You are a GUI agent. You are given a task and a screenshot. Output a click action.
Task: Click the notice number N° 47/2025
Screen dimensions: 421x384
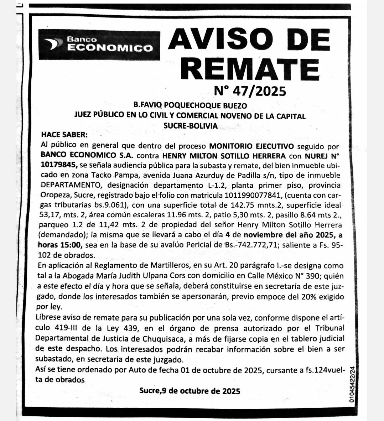250,91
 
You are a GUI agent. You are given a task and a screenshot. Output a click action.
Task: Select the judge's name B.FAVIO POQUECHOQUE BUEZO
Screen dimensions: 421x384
190,105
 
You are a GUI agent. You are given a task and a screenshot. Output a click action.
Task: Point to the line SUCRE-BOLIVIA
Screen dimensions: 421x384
190,126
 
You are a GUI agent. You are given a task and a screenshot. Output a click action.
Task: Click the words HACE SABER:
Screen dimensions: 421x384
64,135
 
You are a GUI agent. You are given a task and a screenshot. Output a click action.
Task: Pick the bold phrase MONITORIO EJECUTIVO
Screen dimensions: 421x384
251,146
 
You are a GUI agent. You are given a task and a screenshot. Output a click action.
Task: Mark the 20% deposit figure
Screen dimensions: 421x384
302,296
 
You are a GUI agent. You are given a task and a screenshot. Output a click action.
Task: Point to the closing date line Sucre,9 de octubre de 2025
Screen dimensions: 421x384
190,391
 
